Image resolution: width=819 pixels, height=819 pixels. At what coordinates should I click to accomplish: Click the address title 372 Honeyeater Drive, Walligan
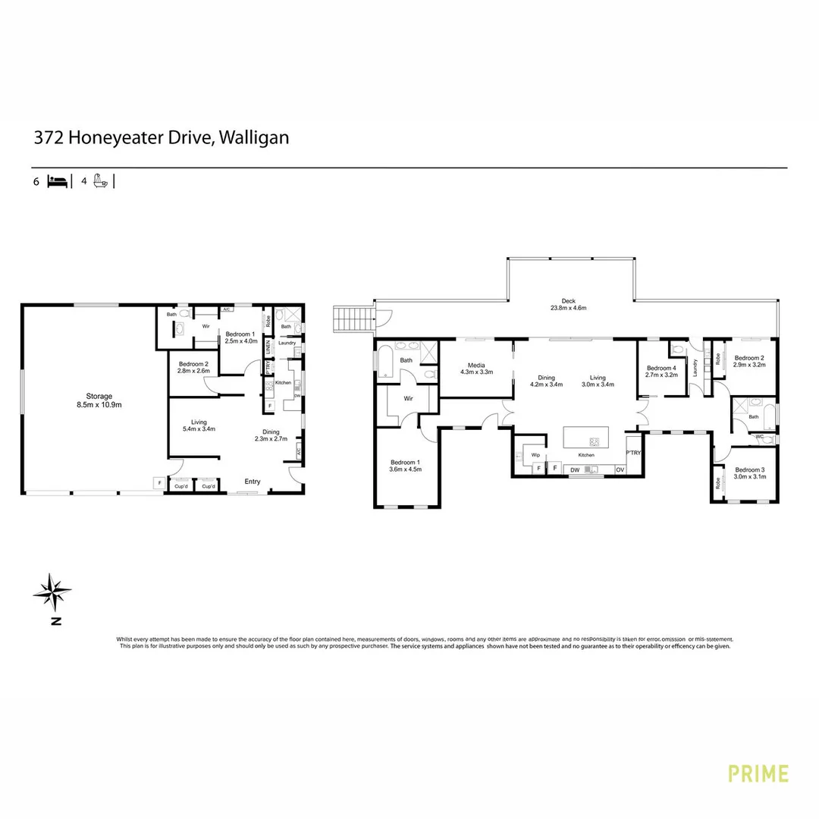(161, 138)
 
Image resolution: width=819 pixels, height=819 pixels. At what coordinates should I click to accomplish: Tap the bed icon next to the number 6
(57, 181)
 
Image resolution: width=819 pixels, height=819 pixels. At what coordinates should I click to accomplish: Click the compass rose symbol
(52, 592)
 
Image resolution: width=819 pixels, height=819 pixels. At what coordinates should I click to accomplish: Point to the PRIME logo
(758, 773)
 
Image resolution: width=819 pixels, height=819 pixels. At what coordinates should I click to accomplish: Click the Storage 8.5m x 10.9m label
(99, 400)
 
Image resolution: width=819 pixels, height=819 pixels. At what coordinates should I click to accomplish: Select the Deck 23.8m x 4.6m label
(569, 303)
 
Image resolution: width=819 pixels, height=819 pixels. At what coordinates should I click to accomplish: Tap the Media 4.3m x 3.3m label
(476, 369)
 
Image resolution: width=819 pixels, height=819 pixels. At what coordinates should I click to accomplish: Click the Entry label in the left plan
(252, 482)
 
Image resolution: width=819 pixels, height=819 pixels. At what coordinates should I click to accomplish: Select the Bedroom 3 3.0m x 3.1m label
(749, 473)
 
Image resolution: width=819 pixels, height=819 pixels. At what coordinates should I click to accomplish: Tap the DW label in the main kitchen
(575, 469)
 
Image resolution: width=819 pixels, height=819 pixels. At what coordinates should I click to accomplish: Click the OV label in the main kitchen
(620, 469)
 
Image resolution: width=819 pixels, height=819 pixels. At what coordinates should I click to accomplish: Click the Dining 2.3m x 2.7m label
(271, 435)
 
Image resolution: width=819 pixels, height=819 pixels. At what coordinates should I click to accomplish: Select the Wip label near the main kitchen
(535, 455)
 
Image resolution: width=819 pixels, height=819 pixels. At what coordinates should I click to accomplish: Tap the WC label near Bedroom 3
(759, 437)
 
